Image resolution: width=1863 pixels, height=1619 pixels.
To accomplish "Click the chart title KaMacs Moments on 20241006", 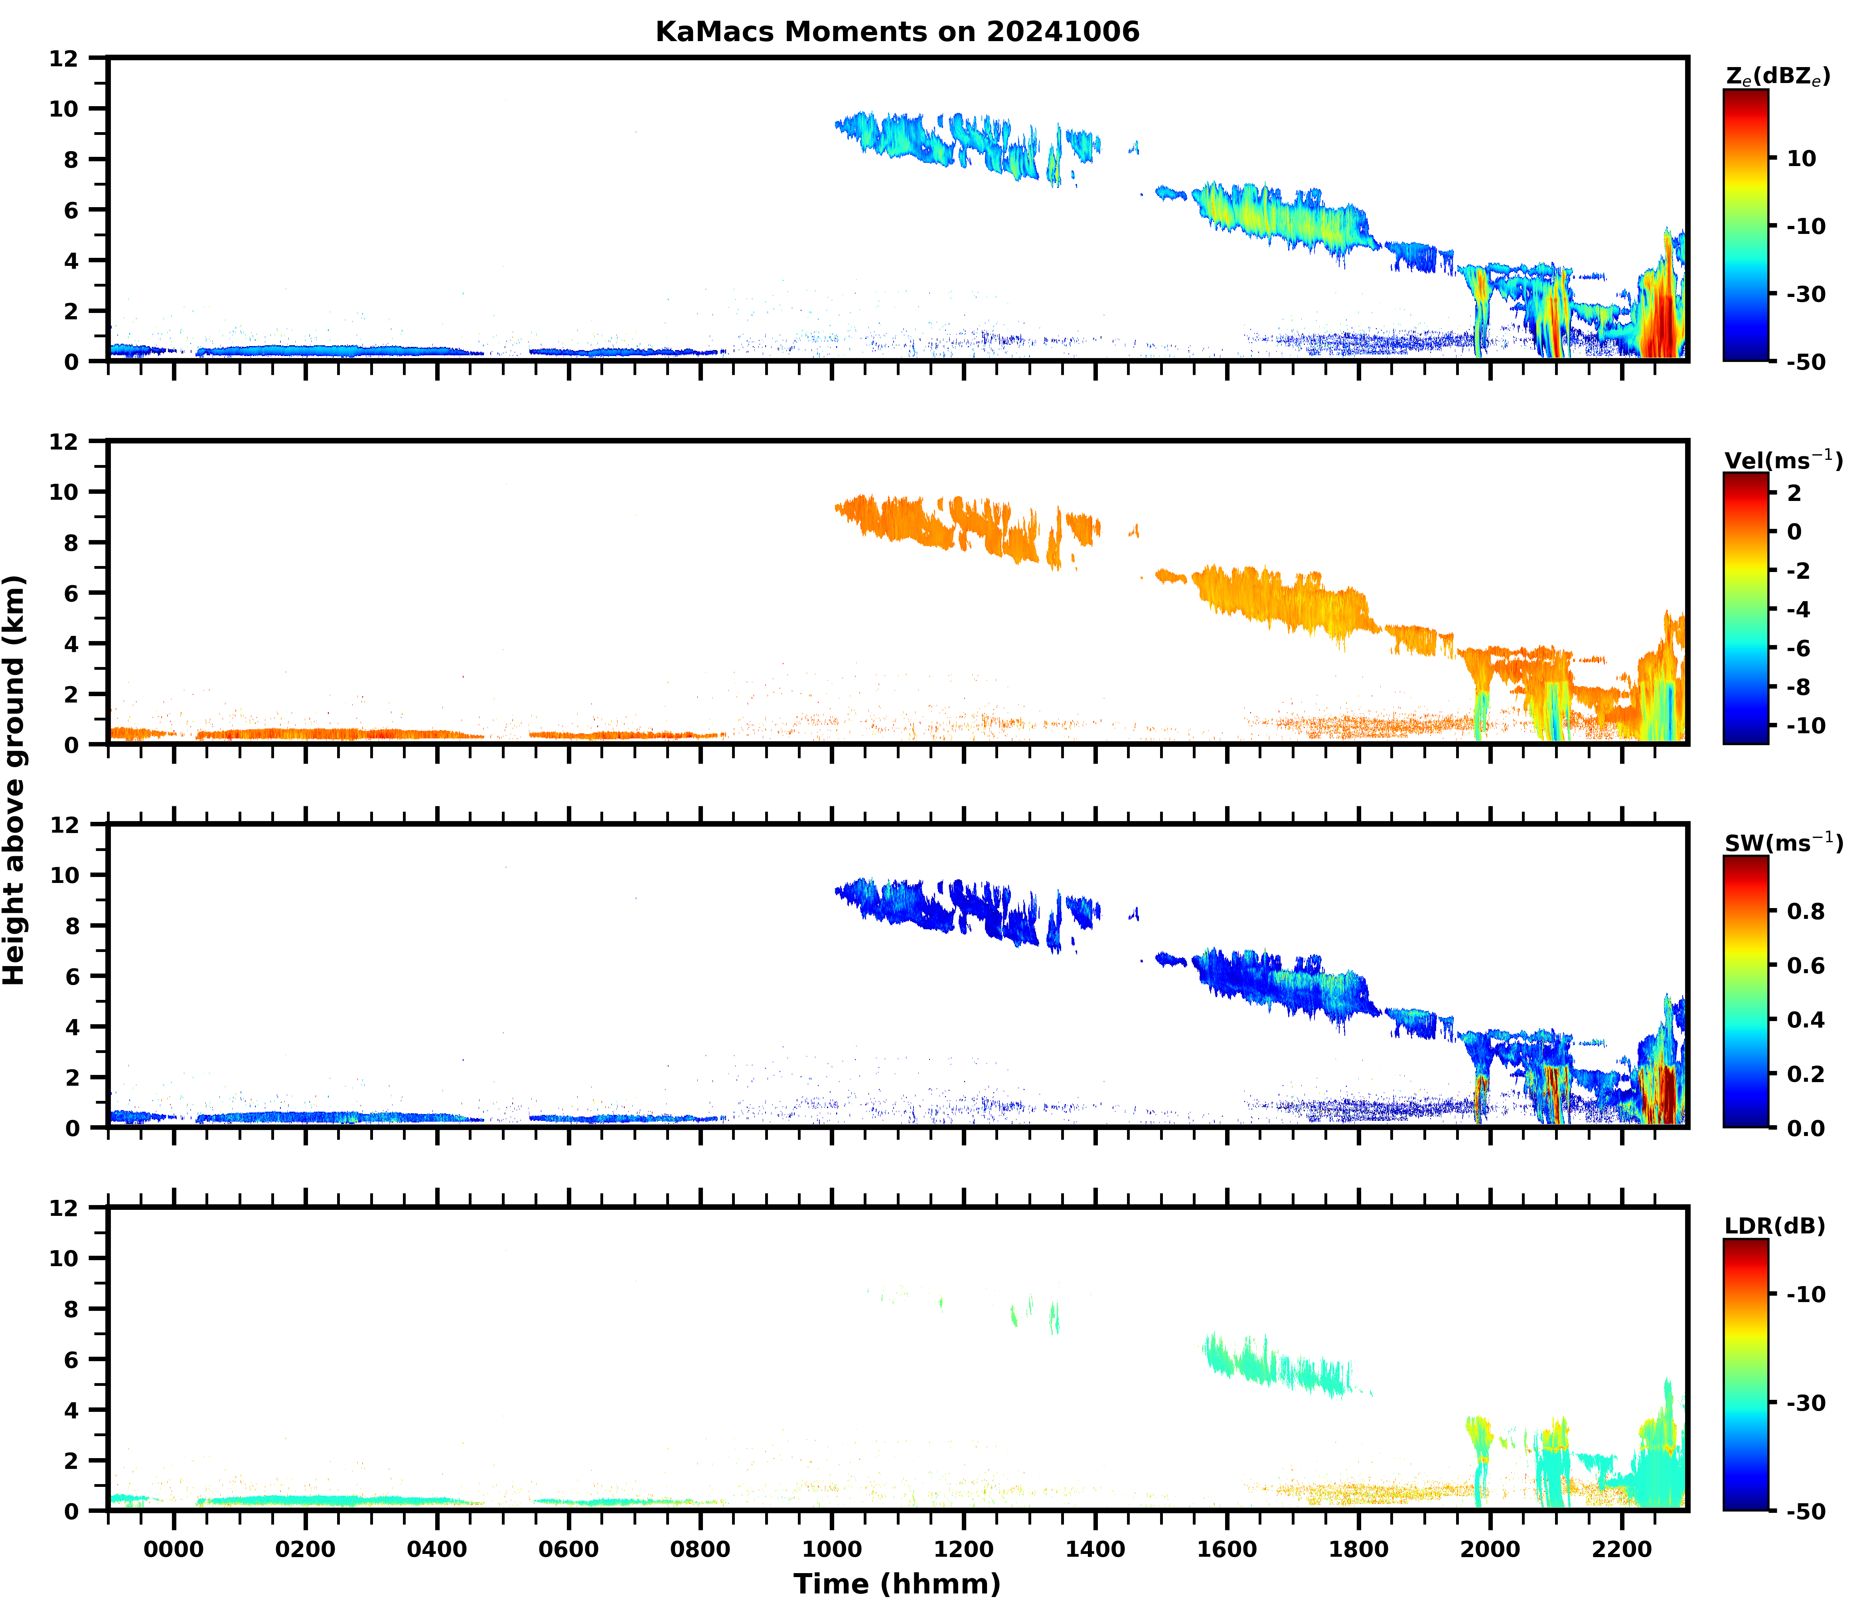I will click(897, 32).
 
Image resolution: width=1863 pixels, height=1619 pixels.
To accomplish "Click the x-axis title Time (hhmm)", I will click(897, 1583).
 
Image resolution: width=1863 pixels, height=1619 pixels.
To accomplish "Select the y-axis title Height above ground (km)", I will click(14, 779).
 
